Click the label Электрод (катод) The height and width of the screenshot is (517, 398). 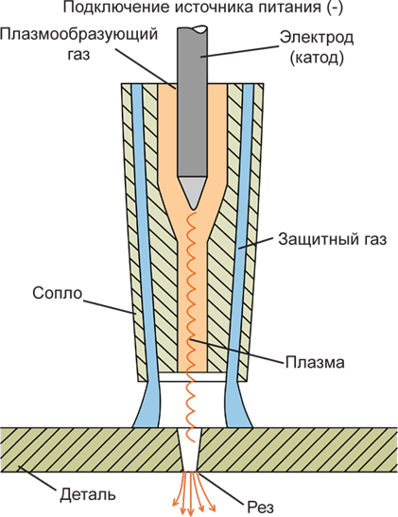point(317,48)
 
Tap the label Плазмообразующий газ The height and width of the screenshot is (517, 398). point(79,43)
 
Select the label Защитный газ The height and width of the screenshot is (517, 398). point(332,240)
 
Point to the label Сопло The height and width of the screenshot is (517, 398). point(57,293)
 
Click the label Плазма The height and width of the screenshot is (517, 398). point(315,362)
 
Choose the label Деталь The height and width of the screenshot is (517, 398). point(88,495)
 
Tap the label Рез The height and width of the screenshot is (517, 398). point(260,508)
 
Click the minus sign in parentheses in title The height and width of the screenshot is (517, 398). point(336,8)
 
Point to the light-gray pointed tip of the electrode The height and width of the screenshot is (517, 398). point(193,192)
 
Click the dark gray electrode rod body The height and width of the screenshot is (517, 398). point(193,102)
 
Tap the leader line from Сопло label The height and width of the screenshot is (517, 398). point(110,306)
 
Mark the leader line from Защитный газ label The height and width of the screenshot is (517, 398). point(256,243)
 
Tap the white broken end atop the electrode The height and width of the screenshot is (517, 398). point(200,29)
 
